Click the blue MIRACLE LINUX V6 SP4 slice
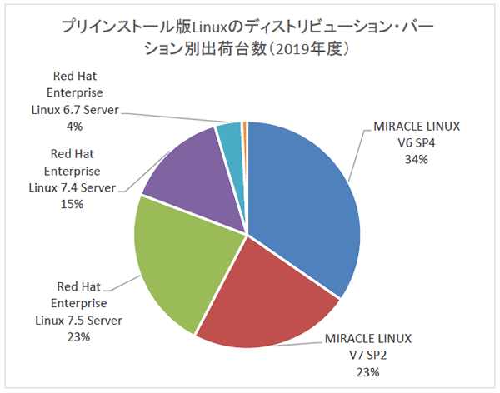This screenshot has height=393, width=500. click(x=304, y=200)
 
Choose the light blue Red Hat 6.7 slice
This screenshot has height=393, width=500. click(x=229, y=137)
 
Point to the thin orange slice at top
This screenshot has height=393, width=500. click(x=244, y=127)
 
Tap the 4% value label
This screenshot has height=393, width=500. click(x=75, y=127)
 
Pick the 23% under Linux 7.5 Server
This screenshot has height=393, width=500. click(x=74, y=337)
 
